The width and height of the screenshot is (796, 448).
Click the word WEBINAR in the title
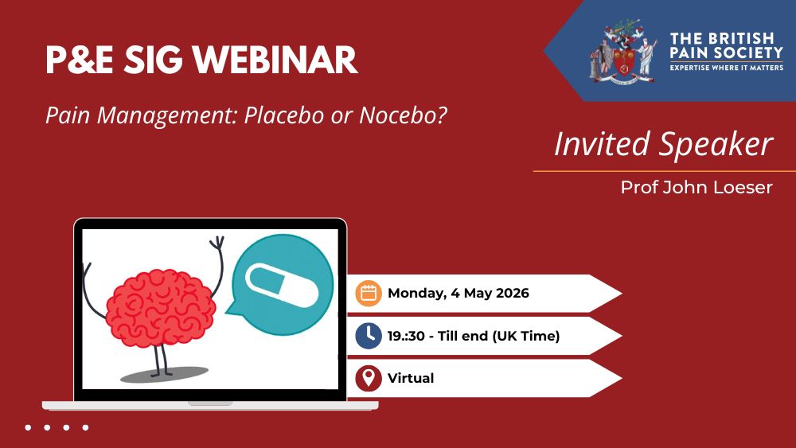click(x=275, y=60)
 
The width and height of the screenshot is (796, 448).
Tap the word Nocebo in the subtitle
click(x=404, y=115)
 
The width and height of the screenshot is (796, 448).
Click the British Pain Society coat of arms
click(x=623, y=53)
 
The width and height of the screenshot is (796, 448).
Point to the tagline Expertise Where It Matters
click(x=727, y=68)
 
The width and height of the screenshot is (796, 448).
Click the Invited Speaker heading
click(x=664, y=145)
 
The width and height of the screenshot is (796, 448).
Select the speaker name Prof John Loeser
click(x=696, y=187)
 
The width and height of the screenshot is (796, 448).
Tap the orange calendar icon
click(x=369, y=294)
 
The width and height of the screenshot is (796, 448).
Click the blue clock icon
click(x=369, y=336)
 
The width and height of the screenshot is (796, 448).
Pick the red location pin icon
click(x=369, y=379)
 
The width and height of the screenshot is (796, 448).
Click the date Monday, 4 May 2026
click(x=458, y=294)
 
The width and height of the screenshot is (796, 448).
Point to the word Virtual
click(x=411, y=379)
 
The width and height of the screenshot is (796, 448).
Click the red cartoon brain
click(x=161, y=309)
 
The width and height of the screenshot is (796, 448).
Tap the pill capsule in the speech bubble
click(x=282, y=285)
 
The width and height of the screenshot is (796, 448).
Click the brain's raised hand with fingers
click(x=217, y=243)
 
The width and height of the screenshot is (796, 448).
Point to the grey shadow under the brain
click(x=164, y=375)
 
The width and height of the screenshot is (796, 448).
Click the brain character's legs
click(x=161, y=360)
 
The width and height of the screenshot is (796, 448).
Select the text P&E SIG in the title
click(x=114, y=60)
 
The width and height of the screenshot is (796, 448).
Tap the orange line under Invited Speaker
click(x=665, y=171)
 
